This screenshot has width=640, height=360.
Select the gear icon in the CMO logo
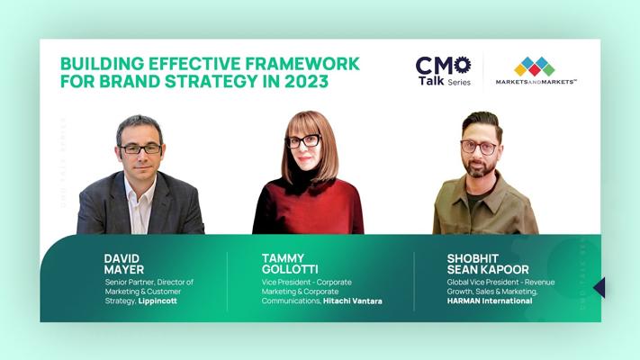pos(463,66)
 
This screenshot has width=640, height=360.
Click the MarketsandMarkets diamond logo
pos(535,66)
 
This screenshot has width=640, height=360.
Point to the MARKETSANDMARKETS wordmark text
pos(536,82)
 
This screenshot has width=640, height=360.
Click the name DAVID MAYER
pos(124,264)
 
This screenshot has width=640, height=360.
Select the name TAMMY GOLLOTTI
pos(290,264)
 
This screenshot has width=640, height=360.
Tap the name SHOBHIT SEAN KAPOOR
pos(488,264)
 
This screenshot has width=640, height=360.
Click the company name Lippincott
pos(158,301)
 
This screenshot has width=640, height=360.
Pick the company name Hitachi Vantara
pos(353,301)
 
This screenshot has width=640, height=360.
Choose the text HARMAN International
pos(490,301)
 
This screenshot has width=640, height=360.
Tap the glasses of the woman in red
pos(304,141)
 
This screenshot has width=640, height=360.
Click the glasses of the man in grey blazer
pos(140,149)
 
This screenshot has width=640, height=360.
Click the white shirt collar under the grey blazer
pos(140,192)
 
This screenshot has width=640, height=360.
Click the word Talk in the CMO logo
pos(431,80)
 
